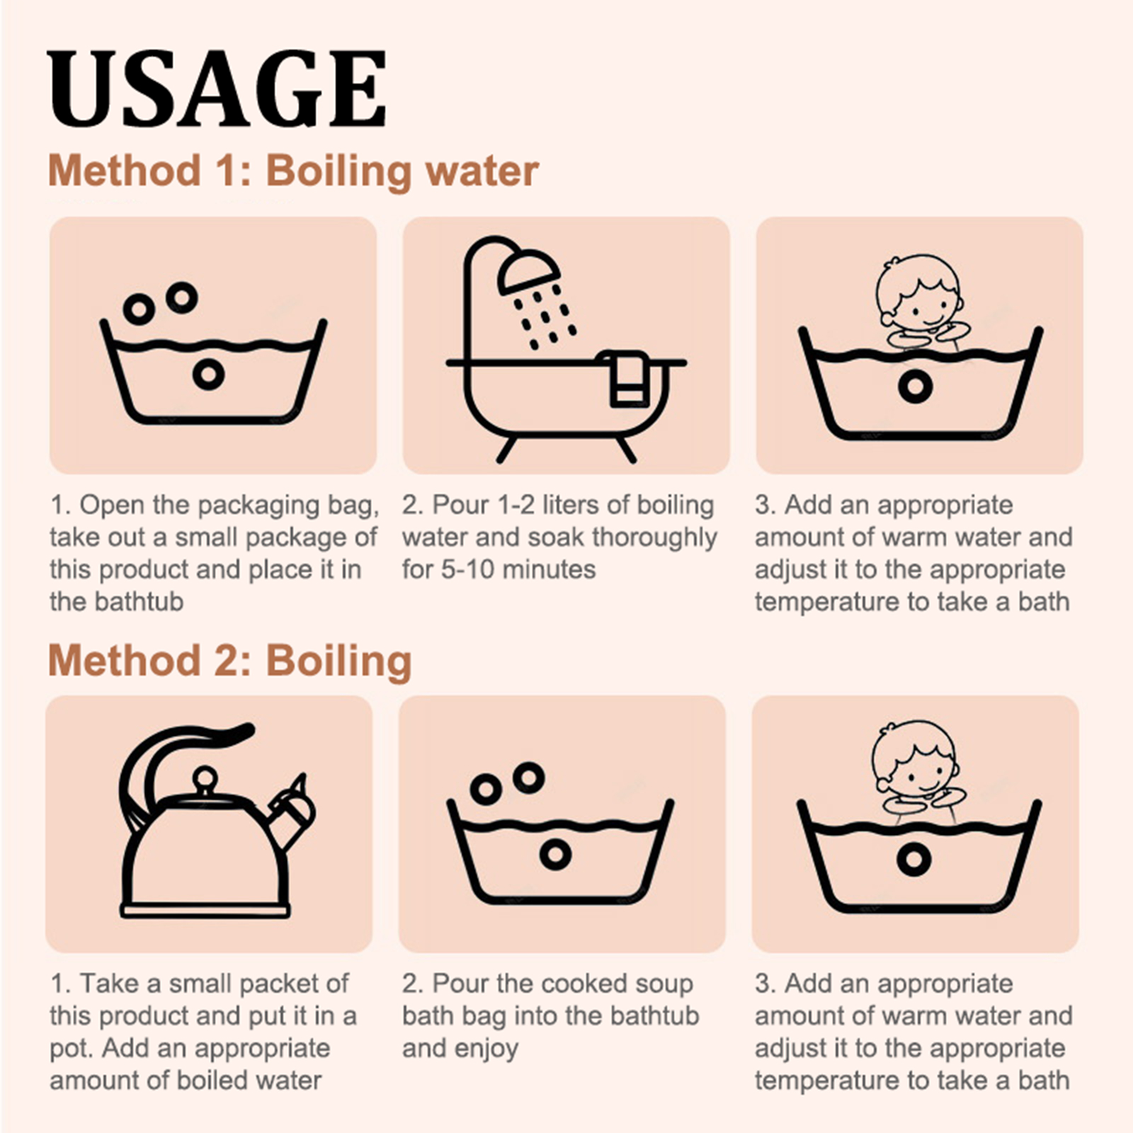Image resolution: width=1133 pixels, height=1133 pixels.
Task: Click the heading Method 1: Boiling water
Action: click(x=293, y=171)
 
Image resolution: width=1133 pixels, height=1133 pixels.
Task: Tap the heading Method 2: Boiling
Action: click(x=229, y=661)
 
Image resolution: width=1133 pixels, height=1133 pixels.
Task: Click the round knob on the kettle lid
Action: click(x=205, y=779)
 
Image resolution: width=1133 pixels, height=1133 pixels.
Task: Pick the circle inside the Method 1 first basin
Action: click(x=208, y=374)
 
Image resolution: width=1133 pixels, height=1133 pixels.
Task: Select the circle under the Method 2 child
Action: click(x=913, y=859)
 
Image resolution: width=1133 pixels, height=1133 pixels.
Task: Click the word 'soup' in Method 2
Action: click(x=662, y=985)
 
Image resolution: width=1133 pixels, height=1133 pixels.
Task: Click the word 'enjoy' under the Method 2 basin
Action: click(x=489, y=1049)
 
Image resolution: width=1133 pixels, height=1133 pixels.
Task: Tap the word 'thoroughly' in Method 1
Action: click(x=654, y=538)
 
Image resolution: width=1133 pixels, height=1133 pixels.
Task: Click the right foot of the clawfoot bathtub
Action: click(x=626, y=450)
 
